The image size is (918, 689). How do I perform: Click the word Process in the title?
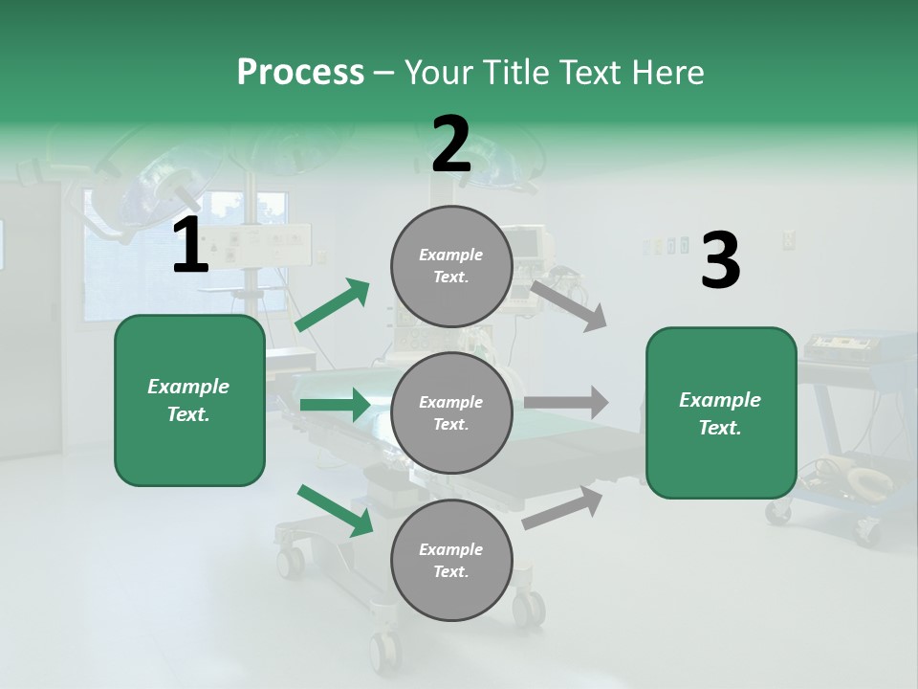pos(300,73)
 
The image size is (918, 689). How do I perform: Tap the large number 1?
pos(190,247)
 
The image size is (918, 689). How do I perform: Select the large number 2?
pos(451,145)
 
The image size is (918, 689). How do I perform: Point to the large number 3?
pos(720,261)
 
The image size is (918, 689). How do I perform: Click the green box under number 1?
pos(189,400)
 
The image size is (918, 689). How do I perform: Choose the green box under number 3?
pos(721,413)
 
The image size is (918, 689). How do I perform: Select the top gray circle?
pos(451,266)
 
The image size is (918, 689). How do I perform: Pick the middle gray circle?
pos(451,412)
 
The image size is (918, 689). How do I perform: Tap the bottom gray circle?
pos(451,560)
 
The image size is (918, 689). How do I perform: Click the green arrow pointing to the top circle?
pos(333,305)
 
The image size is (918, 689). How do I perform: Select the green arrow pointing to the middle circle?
pos(335,405)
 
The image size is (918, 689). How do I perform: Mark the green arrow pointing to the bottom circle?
pos(336,510)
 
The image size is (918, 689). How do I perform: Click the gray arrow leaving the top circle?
pos(568,304)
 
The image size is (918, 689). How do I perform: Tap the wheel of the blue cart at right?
pos(867,532)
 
